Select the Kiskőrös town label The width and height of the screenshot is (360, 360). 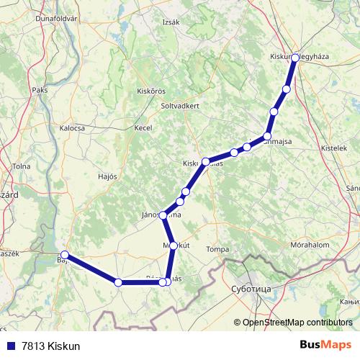(151, 91)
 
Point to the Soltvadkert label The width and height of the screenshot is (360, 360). (180, 105)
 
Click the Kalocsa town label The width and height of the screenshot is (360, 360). (72, 127)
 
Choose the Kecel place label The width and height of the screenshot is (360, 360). (144, 127)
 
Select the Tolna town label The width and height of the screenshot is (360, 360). (21, 166)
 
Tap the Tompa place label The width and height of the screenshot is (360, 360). (217, 249)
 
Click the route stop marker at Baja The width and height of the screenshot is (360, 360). (65, 255)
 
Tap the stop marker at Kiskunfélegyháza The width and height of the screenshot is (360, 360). (295, 56)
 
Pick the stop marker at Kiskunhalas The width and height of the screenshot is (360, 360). (206, 162)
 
